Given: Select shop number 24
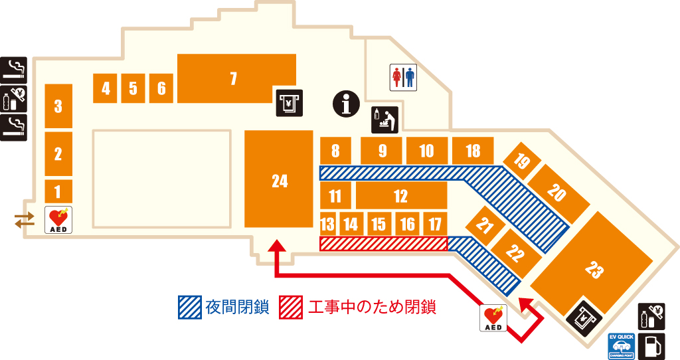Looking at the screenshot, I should (279, 179).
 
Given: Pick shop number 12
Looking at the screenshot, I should (400, 196).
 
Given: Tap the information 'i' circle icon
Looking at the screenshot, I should (345, 104).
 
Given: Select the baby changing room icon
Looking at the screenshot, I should (384, 120).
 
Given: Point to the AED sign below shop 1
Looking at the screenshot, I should (58, 219).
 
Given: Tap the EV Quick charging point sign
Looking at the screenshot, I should (622, 346).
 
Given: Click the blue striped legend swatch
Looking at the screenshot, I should (189, 308).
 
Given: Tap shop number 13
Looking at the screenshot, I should (327, 224).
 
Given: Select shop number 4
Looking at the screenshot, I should (106, 88).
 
